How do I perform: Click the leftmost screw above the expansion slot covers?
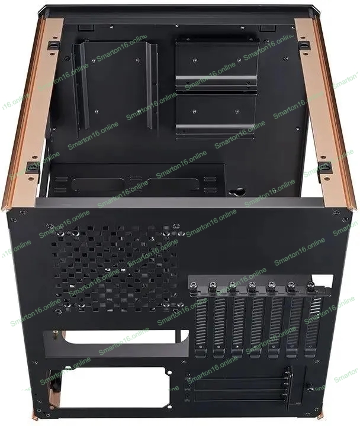(x=194, y=287)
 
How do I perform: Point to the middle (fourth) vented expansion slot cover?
(x=256, y=325)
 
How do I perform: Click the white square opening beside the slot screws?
(x=323, y=280)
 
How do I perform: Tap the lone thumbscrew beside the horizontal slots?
(x=309, y=387)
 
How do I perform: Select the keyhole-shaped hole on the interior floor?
(x=237, y=192)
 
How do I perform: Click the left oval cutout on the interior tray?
(x=98, y=185)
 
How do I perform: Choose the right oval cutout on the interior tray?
(x=173, y=183)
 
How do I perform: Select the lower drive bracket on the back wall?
(x=216, y=117)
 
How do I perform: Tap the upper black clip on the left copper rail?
(x=54, y=45)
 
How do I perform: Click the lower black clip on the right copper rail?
(x=325, y=167)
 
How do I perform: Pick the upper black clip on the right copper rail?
(x=304, y=45)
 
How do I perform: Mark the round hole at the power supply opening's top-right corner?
(x=169, y=373)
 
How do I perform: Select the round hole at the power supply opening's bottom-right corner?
(x=169, y=406)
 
